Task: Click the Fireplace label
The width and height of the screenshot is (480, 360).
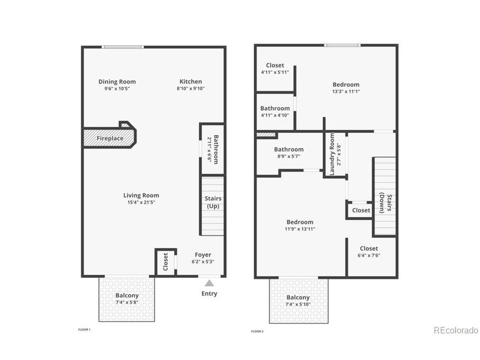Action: [x=110, y=138]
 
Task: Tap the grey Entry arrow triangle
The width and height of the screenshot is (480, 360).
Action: [x=209, y=283]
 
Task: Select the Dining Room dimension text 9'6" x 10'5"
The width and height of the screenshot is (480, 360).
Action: [x=117, y=88]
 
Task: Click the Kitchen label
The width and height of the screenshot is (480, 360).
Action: [x=190, y=81]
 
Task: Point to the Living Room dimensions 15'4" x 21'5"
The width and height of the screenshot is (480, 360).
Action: [x=141, y=202]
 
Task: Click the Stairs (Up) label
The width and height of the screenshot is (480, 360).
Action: [x=213, y=202]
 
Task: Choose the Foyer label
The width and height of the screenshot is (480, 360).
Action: [x=203, y=255]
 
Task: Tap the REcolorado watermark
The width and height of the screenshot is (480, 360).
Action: [x=456, y=330]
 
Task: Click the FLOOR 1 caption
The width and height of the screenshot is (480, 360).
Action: [x=84, y=329]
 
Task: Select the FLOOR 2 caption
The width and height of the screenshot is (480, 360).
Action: [x=257, y=331]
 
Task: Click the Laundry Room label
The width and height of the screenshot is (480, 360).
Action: [x=332, y=154]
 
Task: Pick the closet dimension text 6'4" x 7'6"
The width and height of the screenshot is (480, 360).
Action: [x=369, y=255]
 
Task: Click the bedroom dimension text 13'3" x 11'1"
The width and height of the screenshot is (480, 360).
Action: [x=346, y=91]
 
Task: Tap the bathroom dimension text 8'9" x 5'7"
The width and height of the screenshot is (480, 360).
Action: [x=289, y=156]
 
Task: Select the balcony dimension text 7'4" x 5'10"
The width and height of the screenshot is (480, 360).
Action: [x=298, y=304]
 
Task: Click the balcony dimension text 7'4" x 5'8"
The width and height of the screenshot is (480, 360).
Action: [x=127, y=302]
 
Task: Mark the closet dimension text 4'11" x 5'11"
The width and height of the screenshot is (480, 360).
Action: [x=275, y=72]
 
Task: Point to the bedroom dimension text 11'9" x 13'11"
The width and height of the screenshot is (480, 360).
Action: [x=300, y=229]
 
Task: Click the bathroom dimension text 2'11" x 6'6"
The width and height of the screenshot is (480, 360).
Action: [x=209, y=150]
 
